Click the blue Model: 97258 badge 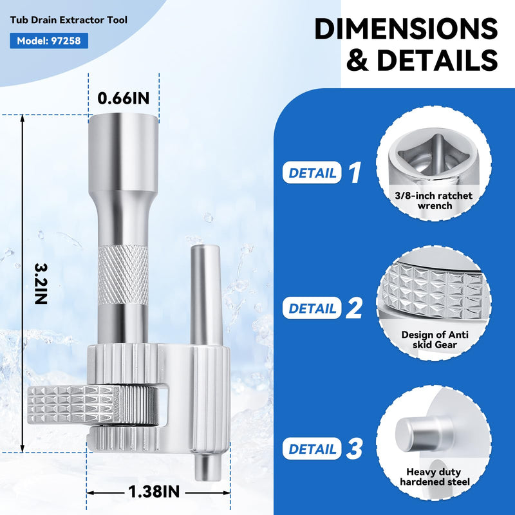[x=49, y=41]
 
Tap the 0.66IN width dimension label [x=124, y=98]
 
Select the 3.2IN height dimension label [x=41, y=284]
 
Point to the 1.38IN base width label [x=154, y=492]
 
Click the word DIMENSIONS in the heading [x=406, y=28]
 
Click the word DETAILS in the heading [x=437, y=60]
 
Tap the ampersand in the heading [x=358, y=60]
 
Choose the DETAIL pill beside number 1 [x=312, y=173]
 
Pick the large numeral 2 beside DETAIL [x=353, y=308]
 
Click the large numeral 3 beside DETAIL [x=354, y=449]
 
